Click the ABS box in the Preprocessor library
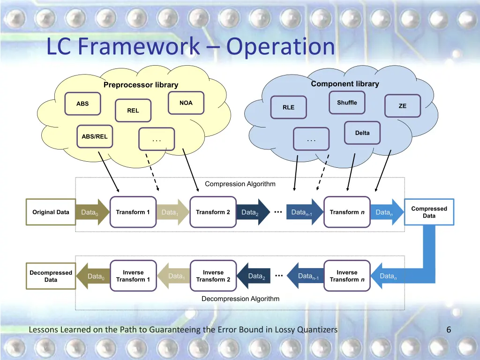[x=82, y=104]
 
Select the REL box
[x=133, y=111]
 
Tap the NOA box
[x=186, y=103]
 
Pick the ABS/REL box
[x=95, y=136]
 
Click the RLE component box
[x=289, y=107]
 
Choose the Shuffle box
[x=347, y=103]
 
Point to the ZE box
[x=403, y=106]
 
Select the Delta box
[x=362, y=133]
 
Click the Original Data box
[x=51, y=212]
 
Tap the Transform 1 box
[x=133, y=212]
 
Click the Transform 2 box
[x=213, y=212]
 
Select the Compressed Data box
[x=429, y=212]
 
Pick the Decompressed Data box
[x=51, y=276]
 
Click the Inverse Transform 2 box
[x=213, y=276]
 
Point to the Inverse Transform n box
[x=347, y=276]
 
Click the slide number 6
[x=449, y=330]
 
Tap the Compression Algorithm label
[x=240, y=184]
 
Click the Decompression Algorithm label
[x=240, y=299]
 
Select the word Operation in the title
[x=280, y=46]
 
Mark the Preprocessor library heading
[x=141, y=85]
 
